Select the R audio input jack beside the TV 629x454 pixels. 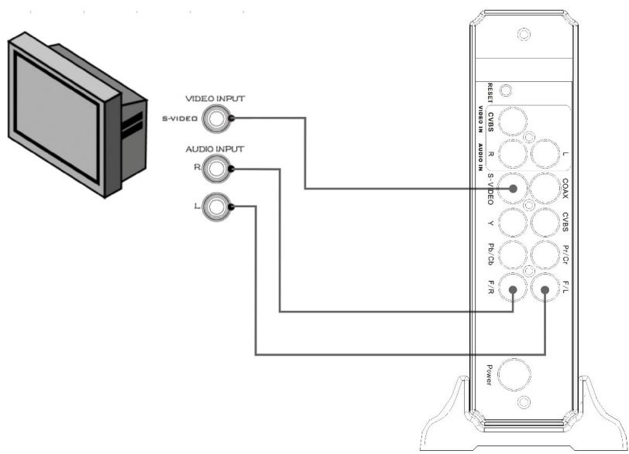click(x=218, y=168)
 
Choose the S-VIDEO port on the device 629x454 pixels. click(x=512, y=188)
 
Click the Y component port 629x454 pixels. click(x=512, y=223)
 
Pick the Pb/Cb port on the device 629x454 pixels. click(x=512, y=256)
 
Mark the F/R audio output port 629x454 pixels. click(x=512, y=291)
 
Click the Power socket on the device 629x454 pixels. click(x=512, y=375)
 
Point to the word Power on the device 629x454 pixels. click(x=490, y=375)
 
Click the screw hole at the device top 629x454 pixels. click(x=524, y=35)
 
